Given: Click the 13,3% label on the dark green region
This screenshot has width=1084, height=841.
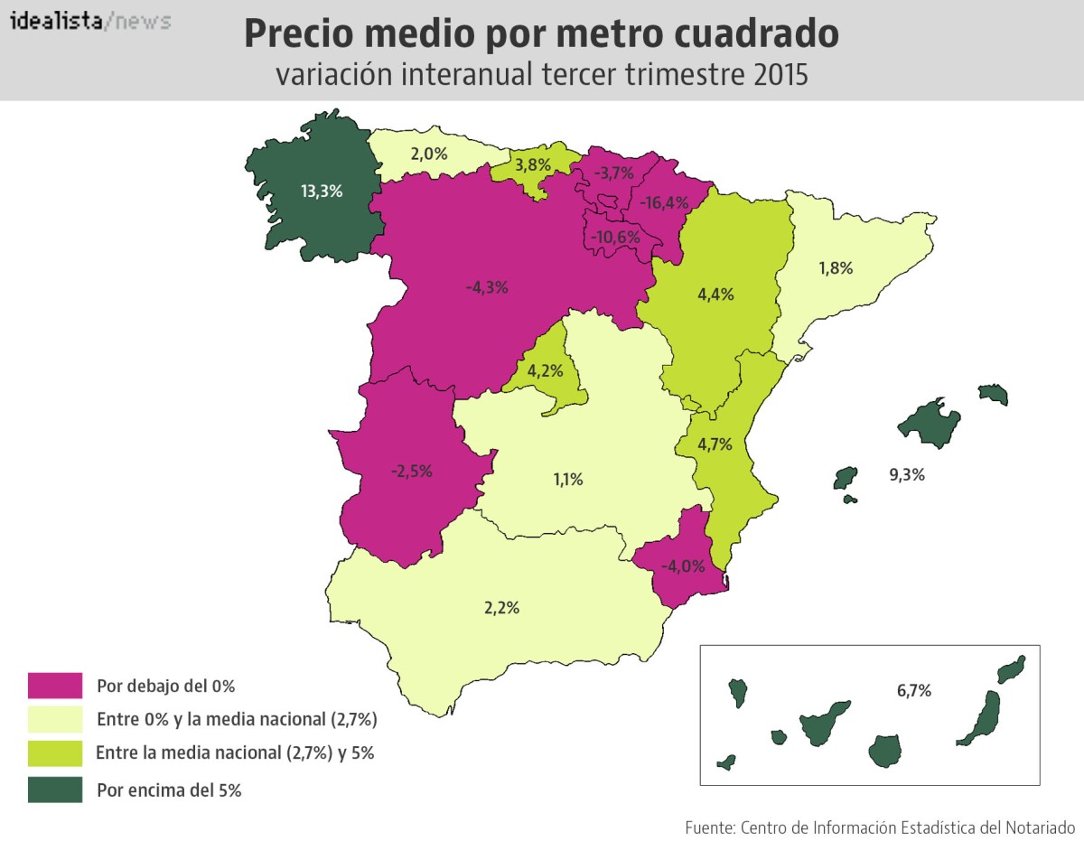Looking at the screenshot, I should pos(322,191).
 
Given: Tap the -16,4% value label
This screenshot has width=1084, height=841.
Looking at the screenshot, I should pos(664,203).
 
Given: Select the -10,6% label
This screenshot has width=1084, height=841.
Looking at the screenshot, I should pos(615,237).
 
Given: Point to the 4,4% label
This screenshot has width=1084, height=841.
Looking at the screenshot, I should pos(716,294).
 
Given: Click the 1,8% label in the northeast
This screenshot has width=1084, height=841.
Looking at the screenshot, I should pos(836,267).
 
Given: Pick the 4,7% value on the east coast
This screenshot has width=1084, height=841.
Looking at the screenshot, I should pos(715,444).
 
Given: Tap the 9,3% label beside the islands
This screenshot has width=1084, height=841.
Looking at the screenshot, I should pos(907,473).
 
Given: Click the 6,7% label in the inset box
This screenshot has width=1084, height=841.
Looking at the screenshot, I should pos(914,691).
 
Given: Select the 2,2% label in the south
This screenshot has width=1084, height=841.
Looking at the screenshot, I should pos(502,607).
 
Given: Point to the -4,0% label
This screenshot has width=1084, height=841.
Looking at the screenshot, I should pos(682,566).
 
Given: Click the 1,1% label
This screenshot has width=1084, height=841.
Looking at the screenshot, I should pos(568,480).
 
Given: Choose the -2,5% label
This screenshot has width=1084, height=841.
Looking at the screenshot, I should pos(411,471).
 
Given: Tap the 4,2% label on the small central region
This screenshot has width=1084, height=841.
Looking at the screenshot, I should pos(546,370).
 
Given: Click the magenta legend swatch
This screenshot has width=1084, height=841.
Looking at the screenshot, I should pos(55,686).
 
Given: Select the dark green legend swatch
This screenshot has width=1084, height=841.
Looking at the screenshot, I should pos(55,790).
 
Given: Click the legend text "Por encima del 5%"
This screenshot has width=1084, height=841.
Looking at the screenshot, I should pos(169,790).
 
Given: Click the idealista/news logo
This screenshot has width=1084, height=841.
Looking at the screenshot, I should pos(90,21).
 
